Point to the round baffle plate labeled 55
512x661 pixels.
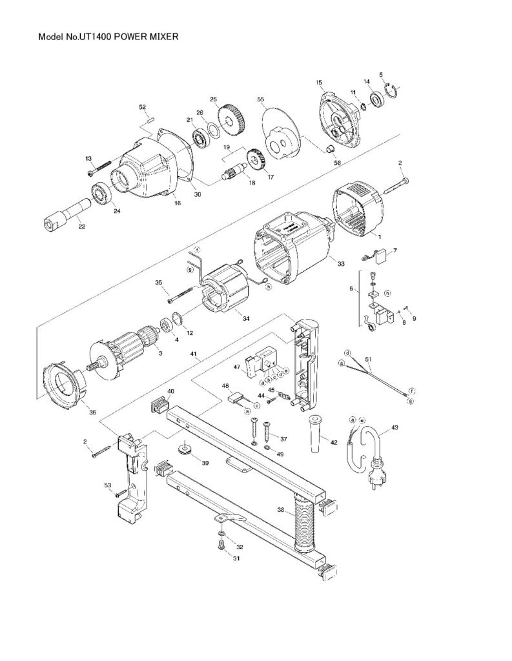pos(281,133)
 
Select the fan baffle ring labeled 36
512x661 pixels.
pos(67,385)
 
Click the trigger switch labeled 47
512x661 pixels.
pos(260,362)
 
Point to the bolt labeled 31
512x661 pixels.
pos(221,547)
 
